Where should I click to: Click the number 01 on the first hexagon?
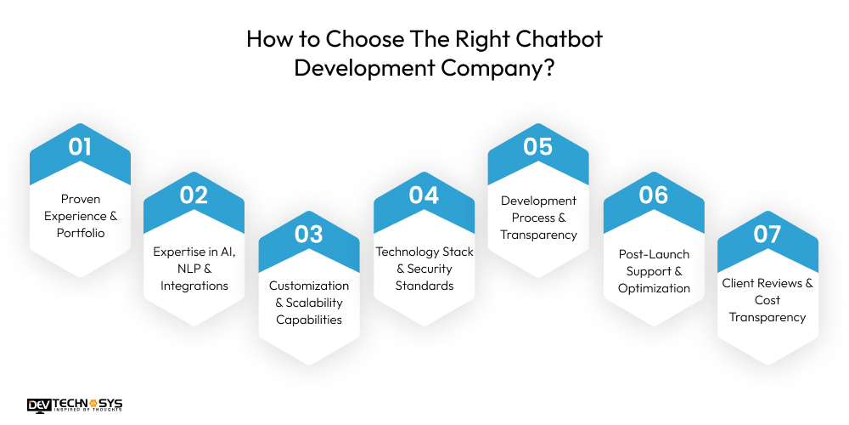80,146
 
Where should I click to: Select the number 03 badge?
309,234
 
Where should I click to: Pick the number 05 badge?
538,146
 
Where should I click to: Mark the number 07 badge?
767,234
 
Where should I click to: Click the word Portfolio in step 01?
81,233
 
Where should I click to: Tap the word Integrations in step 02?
194,286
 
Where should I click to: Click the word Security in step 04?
433,269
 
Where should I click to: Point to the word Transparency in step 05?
538,235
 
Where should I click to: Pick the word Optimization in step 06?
654,288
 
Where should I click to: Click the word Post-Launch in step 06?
654,254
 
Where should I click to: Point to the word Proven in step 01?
81,199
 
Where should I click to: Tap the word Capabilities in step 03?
309,320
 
